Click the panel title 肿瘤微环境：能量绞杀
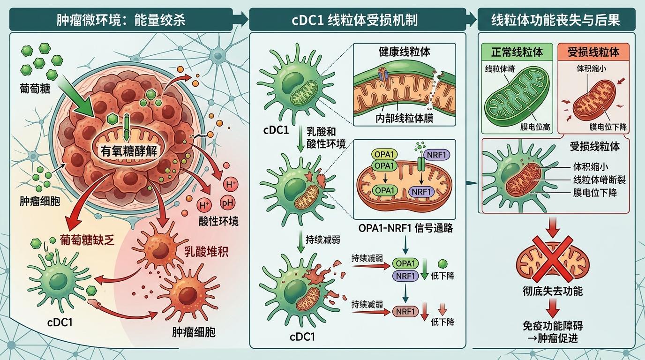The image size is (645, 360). point(121,20)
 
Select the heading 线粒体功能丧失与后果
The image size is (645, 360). point(555,20)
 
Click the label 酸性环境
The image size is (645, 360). point(219,221)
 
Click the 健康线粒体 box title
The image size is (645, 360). point(404,52)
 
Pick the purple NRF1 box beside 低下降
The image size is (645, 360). point(405,276)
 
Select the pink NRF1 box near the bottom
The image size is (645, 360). point(405,311)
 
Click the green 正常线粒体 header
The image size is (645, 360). point(517,52)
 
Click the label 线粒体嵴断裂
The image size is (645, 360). point(600,180)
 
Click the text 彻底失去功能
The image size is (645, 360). point(552,291)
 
